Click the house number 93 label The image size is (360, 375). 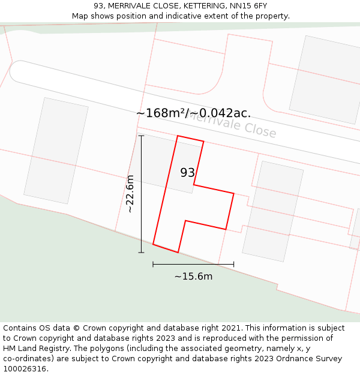coord(187,173)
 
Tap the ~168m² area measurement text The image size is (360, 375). coord(160,113)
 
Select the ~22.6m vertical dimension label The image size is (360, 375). coord(130,194)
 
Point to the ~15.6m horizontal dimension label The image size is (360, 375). coord(193,277)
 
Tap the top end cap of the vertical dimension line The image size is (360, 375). coord(142,136)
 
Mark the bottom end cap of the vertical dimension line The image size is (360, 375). coord(142,253)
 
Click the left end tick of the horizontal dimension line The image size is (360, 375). coord(153,263)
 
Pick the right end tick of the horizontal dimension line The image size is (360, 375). coord(233,263)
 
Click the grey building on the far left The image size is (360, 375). coord(56,151)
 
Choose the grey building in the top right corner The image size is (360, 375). coord(325,79)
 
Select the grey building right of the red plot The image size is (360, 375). coord(273,211)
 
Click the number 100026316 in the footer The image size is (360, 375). coord(25,368)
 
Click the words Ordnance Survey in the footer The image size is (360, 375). coord(314,358)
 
